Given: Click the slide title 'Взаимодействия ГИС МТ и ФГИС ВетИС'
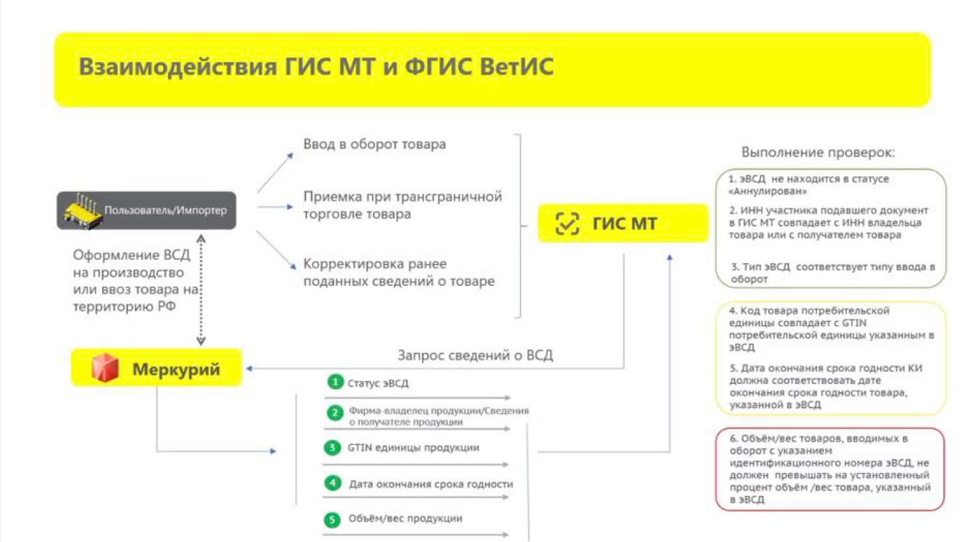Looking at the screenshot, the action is coord(316,67).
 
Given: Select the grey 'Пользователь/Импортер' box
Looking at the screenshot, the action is coord(147,210).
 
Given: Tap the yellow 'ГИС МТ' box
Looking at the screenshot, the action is coord(623,224).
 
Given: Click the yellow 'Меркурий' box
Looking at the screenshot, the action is coord(156,368).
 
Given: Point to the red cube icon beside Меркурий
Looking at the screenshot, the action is coord(105,368).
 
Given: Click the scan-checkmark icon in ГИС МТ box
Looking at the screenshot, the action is coord(567,224).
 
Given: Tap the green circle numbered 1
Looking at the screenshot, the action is coord(335,382).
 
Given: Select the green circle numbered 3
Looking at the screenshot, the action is coord(332,448).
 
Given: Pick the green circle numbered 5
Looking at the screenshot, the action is coord(332,519).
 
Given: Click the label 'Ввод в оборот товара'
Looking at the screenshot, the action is coord(374,144).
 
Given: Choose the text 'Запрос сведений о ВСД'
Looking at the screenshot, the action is coord(475,355).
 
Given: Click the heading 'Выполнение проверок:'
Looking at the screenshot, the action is coord(818,152).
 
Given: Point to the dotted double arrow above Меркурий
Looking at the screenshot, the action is coord(201,290).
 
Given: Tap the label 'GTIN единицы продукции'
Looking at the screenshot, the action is coord(413,448).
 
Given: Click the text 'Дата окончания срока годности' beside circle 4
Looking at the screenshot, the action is coord(431,484).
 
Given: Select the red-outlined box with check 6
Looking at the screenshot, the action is coord(829,469).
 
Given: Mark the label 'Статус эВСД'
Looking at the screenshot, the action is coord(378,383).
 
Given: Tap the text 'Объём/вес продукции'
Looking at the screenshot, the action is coord(406,519).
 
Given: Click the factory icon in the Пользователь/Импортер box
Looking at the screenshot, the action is coord(83,211).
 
